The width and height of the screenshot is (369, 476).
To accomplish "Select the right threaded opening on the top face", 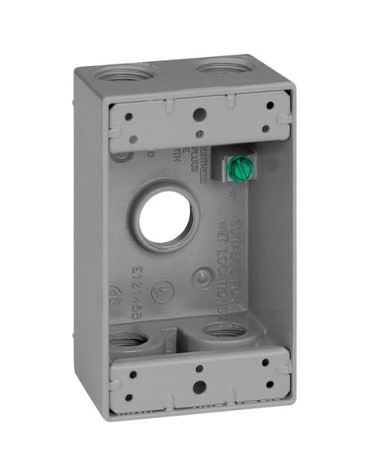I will tap(220, 66).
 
